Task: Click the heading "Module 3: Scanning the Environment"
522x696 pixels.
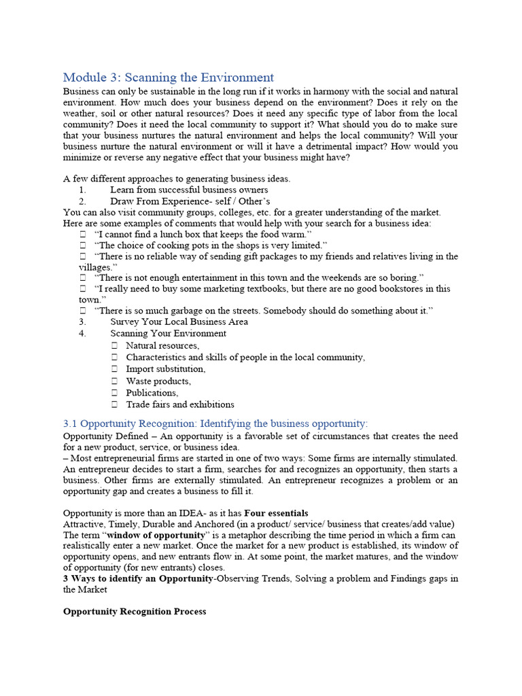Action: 168,77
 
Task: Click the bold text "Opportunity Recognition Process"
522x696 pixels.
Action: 134,611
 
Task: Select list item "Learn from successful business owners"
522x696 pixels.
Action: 189,190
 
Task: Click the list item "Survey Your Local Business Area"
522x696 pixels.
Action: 179,321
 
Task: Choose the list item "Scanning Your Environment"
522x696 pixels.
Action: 168,333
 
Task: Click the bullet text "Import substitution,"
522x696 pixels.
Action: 165,368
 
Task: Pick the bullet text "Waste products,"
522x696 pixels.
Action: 158,381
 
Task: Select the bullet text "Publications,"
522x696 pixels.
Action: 152,392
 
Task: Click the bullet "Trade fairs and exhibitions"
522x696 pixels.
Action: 179,404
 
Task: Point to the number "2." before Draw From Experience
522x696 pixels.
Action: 82,202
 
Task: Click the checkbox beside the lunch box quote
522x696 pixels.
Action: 82,233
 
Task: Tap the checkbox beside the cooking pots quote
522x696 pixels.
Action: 82,245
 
